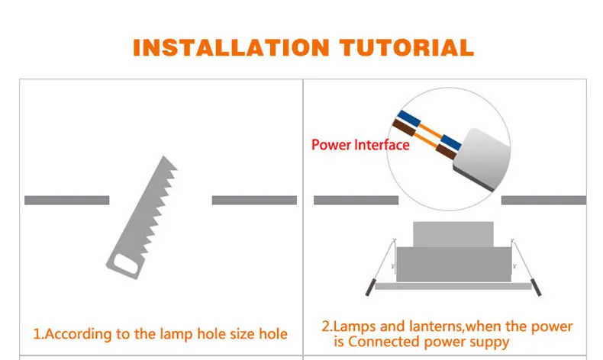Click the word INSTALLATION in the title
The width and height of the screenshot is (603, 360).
[x=231, y=47]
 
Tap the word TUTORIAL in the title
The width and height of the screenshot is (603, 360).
[x=407, y=47]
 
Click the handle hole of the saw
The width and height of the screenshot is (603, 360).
[x=126, y=265]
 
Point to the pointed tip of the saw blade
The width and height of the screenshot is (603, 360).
[x=164, y=156]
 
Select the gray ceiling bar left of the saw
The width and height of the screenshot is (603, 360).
[x=67, y=200]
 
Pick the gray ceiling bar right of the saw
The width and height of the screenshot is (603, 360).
[x=254, y=200]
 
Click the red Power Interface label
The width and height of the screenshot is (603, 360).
[x=360, y=145]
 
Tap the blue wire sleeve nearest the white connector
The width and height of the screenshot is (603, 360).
[x=451, y=142]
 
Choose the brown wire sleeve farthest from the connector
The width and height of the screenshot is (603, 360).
[x=404, y=127]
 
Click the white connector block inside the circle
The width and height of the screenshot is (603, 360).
[x=482, y=159]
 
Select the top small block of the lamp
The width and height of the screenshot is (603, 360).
[x=453, y=234]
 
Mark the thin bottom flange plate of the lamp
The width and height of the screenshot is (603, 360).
[x=453, y=286]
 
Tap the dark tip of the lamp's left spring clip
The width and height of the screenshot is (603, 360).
[x=370, y=288]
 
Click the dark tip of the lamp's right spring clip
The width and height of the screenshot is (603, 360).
[x=536, y=288]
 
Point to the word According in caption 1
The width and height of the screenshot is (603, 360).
[x=78, y=334]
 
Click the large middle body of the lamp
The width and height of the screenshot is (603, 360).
[x=454, y=265]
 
